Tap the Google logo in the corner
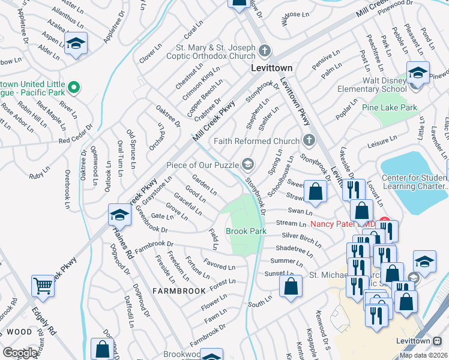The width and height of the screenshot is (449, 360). click(x=19, y=353)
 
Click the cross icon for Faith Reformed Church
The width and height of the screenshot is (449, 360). click(x=309, y=140)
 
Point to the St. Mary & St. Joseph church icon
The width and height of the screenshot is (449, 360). click(x=265, y=50)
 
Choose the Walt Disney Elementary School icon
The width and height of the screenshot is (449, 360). click(x=417, y=73)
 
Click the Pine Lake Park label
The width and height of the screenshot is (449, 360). click(x=390, y=107)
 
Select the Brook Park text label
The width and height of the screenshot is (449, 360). click(x=246, y=231)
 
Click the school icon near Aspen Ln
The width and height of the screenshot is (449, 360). click(x=76, y=44)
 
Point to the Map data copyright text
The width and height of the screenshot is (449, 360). click(x=424, y=355)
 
